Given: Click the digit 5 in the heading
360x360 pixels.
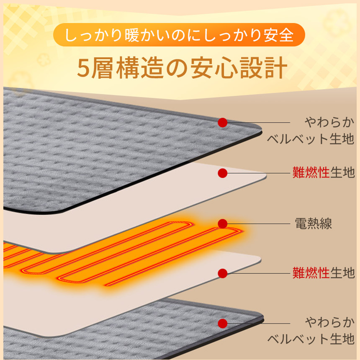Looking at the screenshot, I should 84,68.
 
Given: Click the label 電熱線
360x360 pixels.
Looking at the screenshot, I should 314,224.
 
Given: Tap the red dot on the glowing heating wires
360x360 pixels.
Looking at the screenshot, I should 223,224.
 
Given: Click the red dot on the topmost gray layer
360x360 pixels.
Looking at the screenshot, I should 223,123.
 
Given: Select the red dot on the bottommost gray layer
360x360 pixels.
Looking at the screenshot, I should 223,323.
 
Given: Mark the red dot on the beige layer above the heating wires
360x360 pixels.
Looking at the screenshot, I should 223,172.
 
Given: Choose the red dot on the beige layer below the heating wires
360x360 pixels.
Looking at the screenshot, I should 223,273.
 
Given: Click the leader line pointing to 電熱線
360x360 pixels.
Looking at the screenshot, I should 260,224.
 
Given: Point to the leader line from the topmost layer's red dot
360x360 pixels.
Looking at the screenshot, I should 260,123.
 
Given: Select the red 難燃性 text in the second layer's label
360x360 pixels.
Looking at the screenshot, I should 311,172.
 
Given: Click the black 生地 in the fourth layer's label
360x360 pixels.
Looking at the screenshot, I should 342,273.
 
